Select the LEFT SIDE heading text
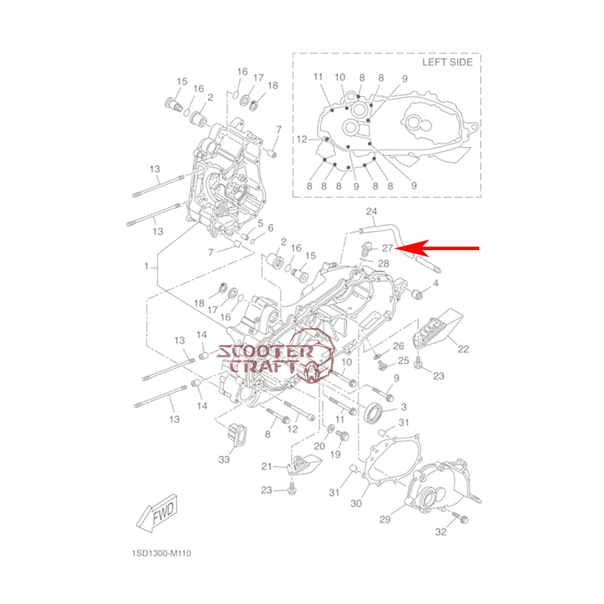(447, 62)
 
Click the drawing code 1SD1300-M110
(162, 554)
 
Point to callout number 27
(388, 248)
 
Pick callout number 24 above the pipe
(371, 211)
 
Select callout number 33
(224, 460)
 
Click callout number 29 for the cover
(385, 519)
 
